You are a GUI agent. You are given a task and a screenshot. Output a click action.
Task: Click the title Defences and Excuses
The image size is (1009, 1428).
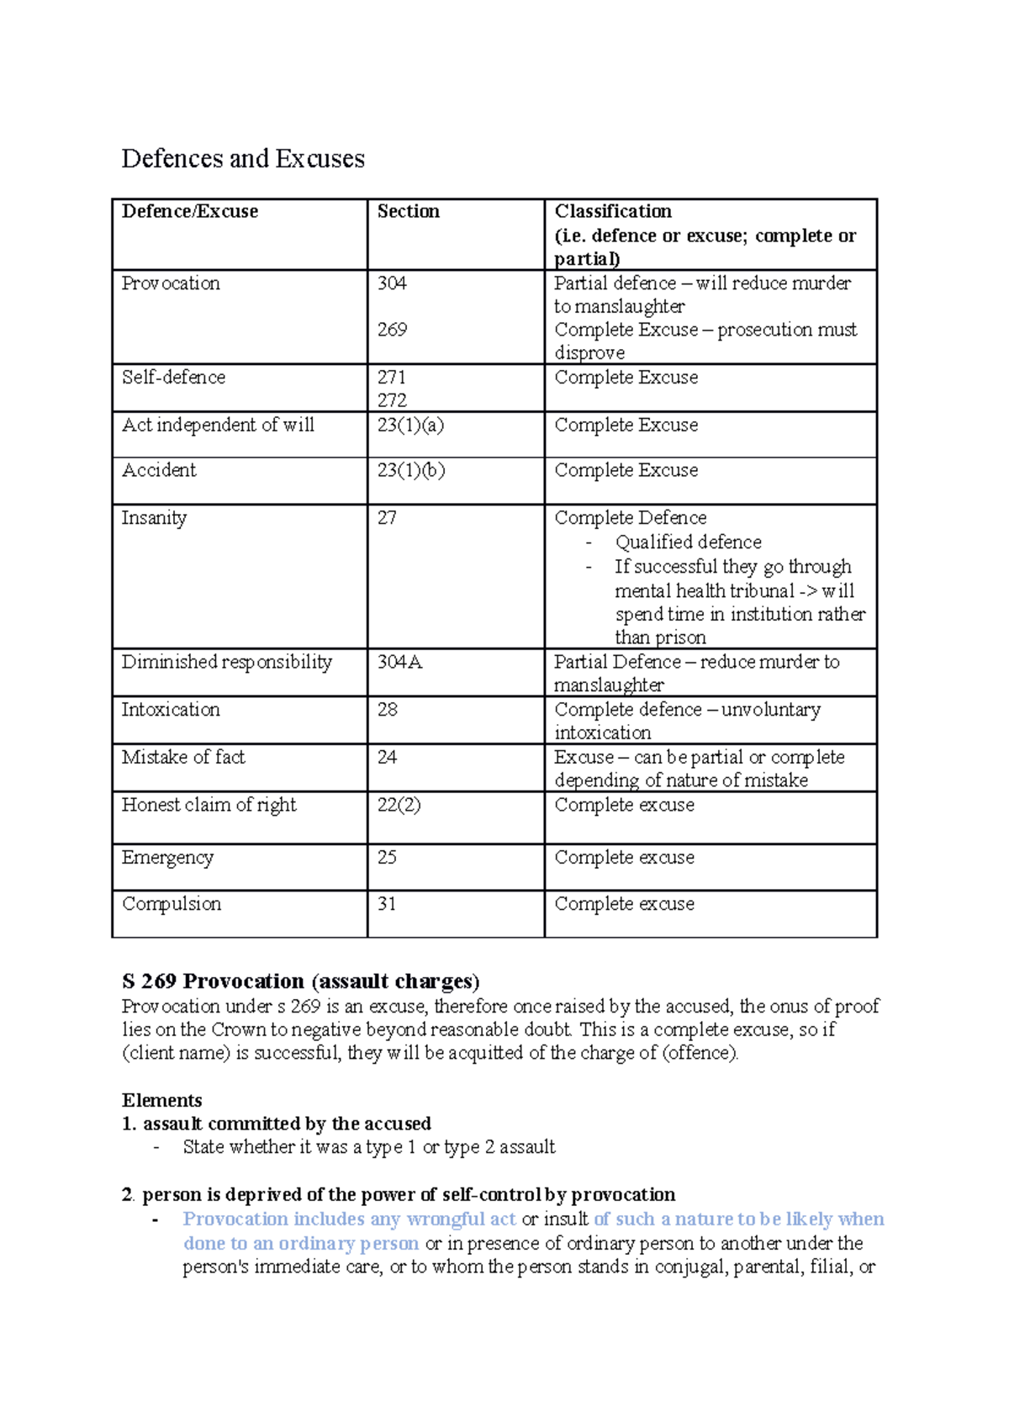[243, 159]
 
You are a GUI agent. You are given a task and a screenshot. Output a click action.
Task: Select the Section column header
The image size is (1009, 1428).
[408, 212]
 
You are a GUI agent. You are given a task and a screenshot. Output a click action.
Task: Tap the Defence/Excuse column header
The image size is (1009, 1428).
[189, 212]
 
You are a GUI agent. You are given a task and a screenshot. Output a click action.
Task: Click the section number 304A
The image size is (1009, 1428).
[399, 663]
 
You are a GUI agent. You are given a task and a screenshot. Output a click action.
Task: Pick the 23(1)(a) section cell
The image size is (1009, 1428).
[410, 426]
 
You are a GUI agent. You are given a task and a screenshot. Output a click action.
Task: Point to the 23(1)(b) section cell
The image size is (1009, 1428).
[410, 471]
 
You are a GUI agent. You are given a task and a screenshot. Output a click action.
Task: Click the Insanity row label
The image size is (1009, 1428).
[154, 518]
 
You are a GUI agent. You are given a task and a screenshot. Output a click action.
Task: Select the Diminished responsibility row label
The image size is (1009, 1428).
[226, 663]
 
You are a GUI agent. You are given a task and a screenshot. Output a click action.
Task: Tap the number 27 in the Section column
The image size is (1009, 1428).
[387, 518]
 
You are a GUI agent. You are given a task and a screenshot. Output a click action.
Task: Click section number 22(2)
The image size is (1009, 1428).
[399, 806]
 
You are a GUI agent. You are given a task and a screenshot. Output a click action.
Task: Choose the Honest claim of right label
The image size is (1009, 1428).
[209, 806]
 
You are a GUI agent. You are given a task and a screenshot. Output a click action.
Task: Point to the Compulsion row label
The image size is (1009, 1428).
[172, 904]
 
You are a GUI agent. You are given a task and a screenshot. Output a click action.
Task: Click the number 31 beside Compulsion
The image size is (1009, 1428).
[387, 904]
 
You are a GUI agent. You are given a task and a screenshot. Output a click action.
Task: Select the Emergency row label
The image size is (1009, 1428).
[167, 858]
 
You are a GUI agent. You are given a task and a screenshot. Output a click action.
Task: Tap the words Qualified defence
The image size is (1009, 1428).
[688, 542]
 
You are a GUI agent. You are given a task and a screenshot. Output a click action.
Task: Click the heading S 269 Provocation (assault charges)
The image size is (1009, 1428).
[300, 981]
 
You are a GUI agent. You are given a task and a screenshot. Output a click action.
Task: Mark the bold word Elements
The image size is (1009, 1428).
[161, 1101]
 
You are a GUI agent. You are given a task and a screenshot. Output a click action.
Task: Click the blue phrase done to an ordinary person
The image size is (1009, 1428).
[300, 1244]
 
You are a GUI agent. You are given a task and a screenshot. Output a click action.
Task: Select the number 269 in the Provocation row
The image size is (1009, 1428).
[392, 330]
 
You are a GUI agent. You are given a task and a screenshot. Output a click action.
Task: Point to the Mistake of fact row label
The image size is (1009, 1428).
[182, 758]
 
